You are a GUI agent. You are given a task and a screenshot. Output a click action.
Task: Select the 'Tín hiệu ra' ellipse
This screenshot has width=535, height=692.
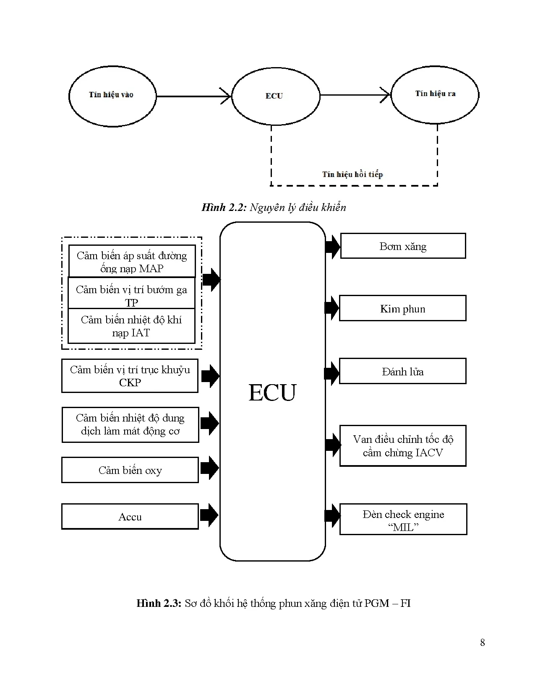click(435, 94)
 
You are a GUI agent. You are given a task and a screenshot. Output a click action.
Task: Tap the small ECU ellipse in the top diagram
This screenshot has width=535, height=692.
click(275, 96)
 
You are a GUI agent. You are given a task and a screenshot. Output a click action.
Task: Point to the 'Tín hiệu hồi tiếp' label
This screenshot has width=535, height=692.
click(352, 174)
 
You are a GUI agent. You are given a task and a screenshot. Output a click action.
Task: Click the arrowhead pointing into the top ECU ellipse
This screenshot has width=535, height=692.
click(227, 96)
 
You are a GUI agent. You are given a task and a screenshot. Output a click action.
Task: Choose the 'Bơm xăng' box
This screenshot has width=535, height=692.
click(403, 246)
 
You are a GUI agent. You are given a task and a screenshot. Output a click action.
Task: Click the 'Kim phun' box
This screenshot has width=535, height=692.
click(402, 309)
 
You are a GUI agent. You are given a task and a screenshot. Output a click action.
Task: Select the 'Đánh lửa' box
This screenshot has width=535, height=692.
click(402, 372)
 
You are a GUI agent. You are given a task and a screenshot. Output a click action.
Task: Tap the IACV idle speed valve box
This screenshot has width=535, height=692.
click(403, 446)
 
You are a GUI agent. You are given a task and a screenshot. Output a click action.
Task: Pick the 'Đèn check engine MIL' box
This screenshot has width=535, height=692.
click(403, 520)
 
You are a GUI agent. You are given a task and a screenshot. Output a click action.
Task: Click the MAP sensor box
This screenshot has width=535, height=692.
click(132, 262)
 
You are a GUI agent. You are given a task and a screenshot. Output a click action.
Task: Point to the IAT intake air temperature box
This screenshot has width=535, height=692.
click(131, 326)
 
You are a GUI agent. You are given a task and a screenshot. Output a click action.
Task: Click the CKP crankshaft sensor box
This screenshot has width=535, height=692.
click(130, 376)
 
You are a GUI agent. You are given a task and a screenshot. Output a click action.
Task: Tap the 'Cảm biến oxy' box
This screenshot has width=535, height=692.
click(130, 471)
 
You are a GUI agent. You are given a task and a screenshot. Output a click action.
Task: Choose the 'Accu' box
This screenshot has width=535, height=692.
click(130, 517)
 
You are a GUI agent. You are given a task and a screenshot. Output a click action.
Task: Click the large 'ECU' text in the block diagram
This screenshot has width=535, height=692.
click(272, 393)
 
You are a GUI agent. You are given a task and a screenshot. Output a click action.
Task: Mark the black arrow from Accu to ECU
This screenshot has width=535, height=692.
click(209, 515)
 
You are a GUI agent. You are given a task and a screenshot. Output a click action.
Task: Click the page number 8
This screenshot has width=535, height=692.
click(483, 643)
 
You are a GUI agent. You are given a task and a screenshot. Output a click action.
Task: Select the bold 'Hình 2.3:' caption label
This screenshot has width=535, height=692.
click(159, 604)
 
